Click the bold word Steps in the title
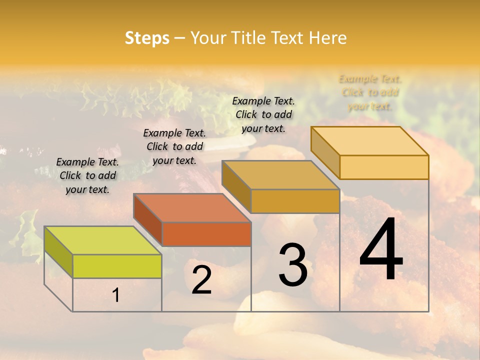[147, 38]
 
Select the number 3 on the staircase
[292, 264]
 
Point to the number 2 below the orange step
[201, 280]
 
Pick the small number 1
[116, 295]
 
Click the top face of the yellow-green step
[102, 240]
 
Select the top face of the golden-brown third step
[280, 175]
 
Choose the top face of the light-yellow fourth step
[369, 141]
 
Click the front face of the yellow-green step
[117, 266]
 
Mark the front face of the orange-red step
[206, 234]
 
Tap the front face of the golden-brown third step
[295, 201]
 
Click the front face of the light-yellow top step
[384, 167]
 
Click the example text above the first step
[87, 175]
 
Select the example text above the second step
[174, 146]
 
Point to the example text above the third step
[263, 114]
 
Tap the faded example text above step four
[370, 92]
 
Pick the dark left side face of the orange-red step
[148, 220]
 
